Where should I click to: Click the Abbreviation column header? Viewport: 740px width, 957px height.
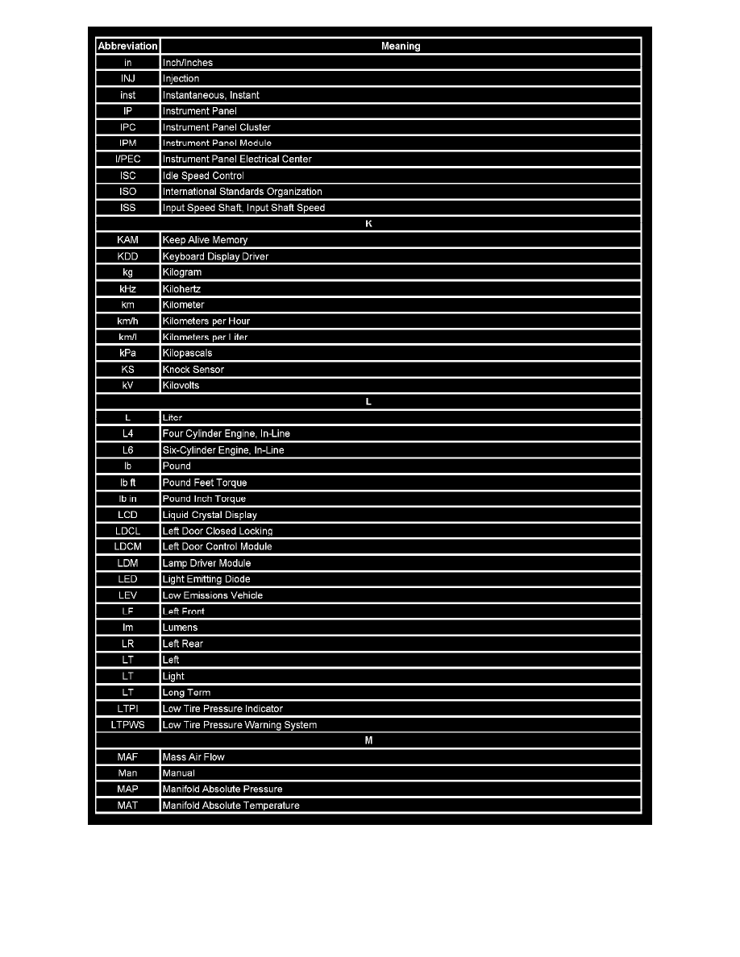click(127, 46)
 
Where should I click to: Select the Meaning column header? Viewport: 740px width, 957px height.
click(401, 46)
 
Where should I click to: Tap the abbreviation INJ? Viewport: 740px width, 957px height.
click(127, 79)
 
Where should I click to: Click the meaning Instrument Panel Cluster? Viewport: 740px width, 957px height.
click(217, 127)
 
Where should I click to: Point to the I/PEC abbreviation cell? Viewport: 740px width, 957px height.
click(127, 159)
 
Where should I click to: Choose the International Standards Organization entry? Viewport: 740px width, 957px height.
click(242, 192)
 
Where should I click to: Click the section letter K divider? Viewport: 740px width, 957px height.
click(368, 223)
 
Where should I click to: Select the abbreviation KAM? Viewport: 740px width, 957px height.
click(127, 240)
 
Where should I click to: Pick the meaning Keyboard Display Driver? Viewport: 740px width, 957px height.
click(215, 256)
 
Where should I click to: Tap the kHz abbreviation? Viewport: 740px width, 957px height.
click(127, 288)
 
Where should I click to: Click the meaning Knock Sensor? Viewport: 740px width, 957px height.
click(193, 370)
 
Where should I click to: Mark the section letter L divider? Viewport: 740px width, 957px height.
click(368, 401)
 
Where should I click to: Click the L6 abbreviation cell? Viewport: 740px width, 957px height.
click(127, 450)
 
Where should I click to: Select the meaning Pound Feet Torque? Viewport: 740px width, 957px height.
click(205, 483)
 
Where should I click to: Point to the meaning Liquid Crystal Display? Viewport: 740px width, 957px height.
click(210, 515)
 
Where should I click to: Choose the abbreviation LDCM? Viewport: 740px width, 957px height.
click(127, 547)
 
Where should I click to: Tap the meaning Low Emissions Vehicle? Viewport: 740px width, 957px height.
click(213, 595)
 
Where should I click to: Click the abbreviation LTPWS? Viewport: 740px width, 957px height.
click(127, 725)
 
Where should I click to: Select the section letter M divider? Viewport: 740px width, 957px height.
click(368, 740)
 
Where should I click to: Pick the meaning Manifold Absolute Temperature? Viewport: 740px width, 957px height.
click(231, 806)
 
